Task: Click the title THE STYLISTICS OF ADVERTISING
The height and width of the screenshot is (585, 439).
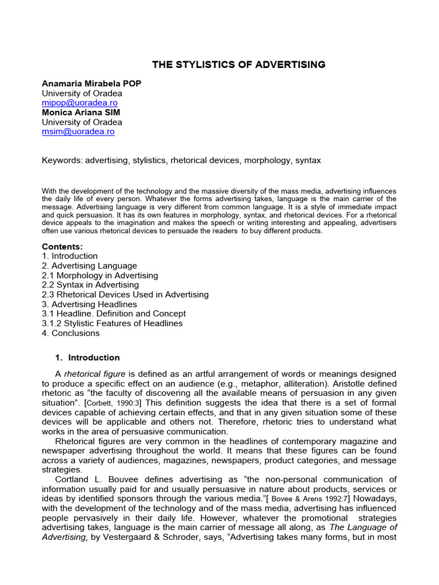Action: click(238, 65)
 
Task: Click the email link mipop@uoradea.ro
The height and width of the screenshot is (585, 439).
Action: click(79, 103)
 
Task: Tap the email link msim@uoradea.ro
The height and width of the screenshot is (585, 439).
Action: click(78, 131)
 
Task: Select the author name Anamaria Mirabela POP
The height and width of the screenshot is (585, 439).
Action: click(91, 83)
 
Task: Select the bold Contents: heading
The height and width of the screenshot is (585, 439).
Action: click(62, 246)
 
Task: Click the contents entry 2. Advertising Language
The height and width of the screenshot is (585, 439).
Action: click(89, 266)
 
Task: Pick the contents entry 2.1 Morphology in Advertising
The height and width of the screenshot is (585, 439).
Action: click(100, 275)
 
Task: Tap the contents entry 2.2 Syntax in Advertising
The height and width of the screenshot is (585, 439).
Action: click(90, 285)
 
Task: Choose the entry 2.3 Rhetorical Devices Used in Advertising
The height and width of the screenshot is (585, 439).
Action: click(125, 295)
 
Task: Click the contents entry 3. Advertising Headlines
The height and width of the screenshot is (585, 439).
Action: click(89, 304)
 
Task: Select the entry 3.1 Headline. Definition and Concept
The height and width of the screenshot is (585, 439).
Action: click(114, 314)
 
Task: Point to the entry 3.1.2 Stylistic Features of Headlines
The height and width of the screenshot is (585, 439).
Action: click(113, 323)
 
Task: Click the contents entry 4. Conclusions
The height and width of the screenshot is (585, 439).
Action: click(71, 333)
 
